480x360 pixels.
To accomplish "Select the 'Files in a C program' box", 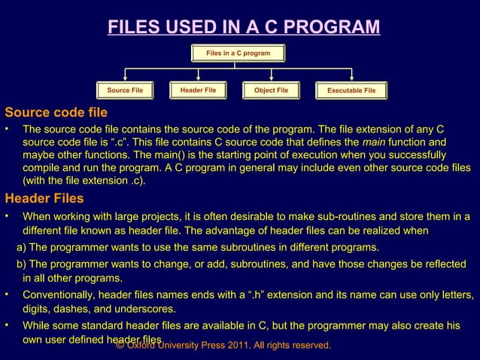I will (238, 53).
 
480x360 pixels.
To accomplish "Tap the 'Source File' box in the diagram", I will (125, 91).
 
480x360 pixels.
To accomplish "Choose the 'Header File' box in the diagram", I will (198, 90).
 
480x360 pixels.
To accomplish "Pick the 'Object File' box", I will (271, 91).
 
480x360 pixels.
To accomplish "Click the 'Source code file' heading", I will (56, 113).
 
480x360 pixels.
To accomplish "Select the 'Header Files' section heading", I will (44, 199).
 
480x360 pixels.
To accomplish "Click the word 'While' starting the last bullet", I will (37, 326).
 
